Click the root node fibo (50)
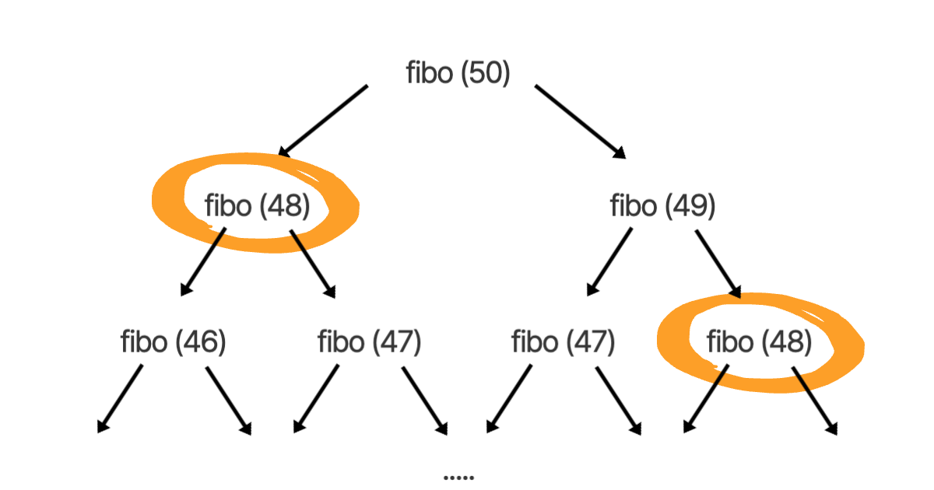pos(458,73)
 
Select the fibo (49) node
pos(662,206)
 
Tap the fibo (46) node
pos(173,341)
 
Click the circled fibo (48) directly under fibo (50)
pos(257,206)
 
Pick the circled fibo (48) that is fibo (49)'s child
pos(759,341)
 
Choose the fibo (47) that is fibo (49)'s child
pos(563,341)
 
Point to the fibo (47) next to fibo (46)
pos(369,341)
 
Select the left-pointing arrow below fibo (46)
pos(121,397)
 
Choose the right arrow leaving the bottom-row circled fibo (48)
pos(816,399)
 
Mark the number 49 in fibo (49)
pos(689,206)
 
